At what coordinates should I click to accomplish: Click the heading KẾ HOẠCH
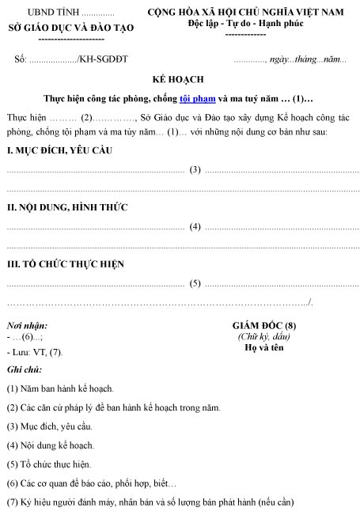pyautogui.click(x=180, y=81)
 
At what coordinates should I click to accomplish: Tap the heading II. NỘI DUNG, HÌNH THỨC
pyautogui.click(x=67, y=208)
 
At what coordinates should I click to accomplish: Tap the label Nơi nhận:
pyautogui.click(x=27, y=326)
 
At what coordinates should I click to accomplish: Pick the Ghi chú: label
pyautogui.click(x=25, y=370)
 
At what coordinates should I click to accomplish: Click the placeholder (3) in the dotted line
pyautogui.click(x=195, y=169)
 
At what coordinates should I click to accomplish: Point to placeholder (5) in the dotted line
pyautogui.click(x=195, y=283)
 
